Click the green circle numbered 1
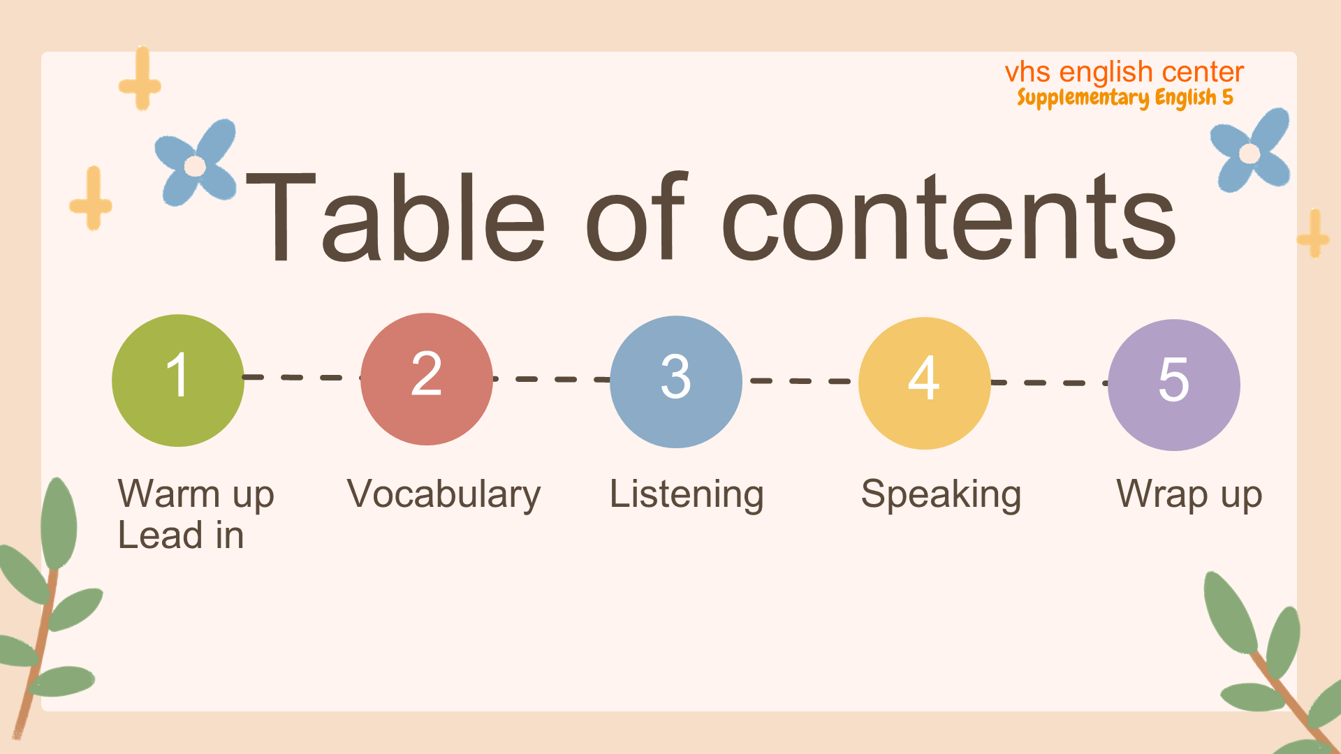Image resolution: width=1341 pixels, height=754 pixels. [178, 380]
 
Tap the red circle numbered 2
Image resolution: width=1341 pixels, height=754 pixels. [427, 379]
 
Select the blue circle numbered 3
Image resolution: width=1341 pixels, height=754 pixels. [676, 382]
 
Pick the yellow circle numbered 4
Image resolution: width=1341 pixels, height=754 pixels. [925, 383]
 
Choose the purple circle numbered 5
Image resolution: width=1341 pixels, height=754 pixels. [1174, 385]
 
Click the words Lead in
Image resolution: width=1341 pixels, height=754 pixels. [181, 535]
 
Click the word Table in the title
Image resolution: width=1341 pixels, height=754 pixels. [395, 216]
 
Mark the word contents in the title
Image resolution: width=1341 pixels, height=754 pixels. [949, 216]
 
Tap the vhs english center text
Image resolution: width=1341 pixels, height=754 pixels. [1124, 72]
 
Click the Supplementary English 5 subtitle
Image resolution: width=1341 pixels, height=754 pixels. [1125, 98]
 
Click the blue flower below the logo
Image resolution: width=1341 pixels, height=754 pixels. [1250, 150]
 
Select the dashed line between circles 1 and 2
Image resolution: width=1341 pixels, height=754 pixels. [302, 378]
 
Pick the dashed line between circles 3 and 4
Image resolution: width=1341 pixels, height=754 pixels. [800, 381]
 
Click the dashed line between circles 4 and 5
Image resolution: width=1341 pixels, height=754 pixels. [1050, 383]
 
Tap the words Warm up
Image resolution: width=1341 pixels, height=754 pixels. [196, 494]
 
